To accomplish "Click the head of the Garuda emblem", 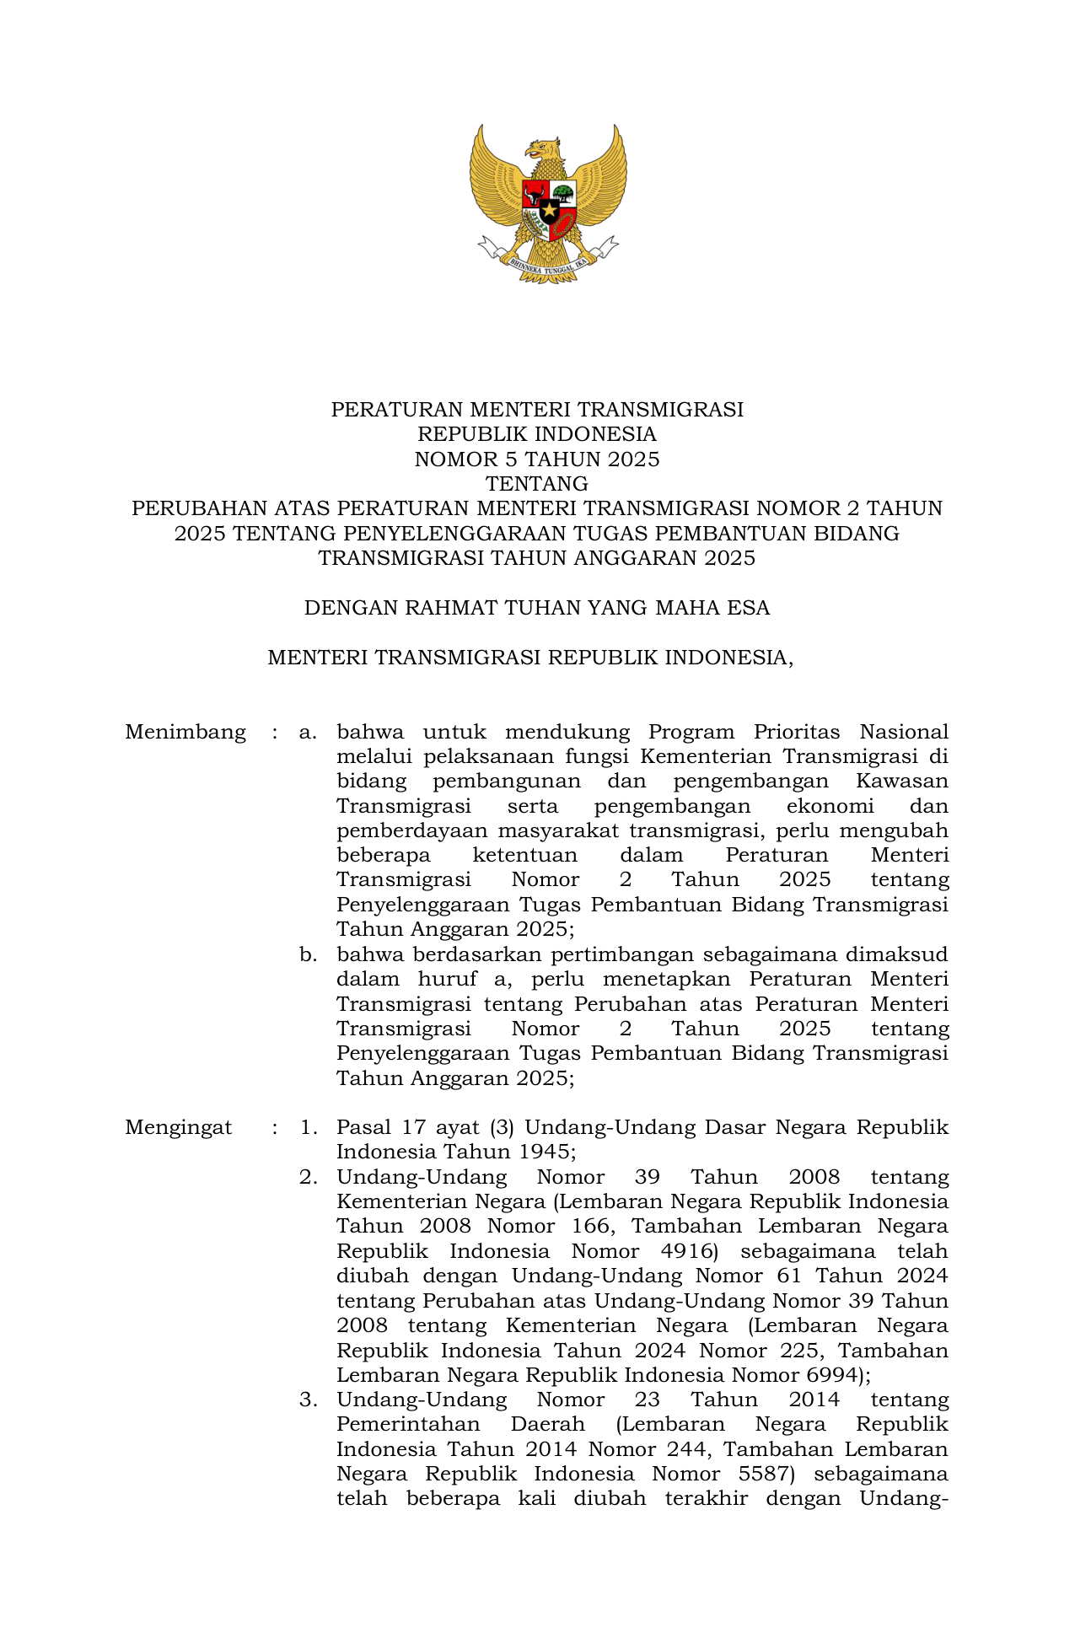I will (x=543, y=150).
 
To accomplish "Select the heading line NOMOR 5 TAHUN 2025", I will (x=537, y=459).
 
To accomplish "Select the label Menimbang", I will (x=185, y=732).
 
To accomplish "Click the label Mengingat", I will (x=179, y=1128).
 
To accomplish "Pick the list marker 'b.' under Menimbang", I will (x=308, y=955).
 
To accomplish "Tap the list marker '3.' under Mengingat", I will (x=308, y=1400).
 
